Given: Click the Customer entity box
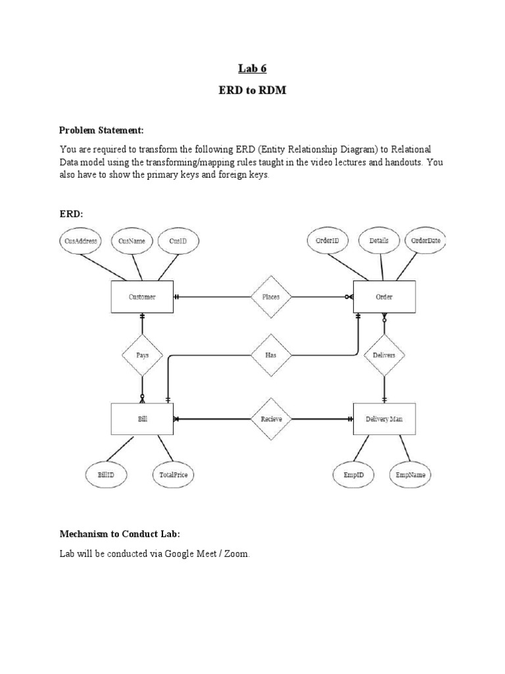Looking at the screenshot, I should [142, 297].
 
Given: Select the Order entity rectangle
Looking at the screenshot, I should [384, 297].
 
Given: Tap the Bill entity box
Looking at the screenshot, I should [142, 419].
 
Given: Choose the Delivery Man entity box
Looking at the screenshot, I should [384, 419].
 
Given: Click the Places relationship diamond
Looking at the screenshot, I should [270, 297].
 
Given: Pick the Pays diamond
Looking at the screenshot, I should [142, 355].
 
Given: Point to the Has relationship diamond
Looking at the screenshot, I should [270, 355].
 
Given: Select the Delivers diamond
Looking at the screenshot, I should [384, 355].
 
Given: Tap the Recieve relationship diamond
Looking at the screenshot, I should [270, 419].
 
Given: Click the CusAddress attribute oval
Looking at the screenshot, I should [82, 242].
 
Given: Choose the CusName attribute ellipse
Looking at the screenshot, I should [132, 242].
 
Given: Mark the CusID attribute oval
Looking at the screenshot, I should [178, 242].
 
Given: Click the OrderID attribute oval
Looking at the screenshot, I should [327, 241].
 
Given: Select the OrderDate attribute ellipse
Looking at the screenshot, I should [426, 241].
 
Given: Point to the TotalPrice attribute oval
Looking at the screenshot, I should [174, 474].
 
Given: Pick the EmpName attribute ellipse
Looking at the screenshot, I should [410, 474].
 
